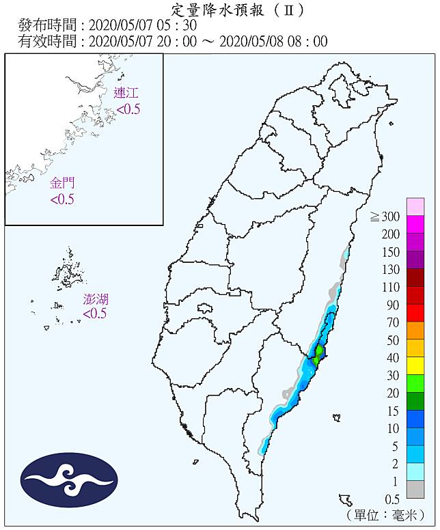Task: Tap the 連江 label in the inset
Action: (127, 94)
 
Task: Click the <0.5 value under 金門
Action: (62, 199)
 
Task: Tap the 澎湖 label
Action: (96, 299)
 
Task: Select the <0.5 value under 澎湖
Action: (96, 313)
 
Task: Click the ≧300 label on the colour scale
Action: (385, 217)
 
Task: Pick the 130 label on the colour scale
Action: (390, 268)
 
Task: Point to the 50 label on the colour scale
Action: (393, 339)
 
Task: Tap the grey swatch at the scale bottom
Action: (415, 489)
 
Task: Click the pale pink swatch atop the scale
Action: (415, 206)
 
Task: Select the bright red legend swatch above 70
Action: (415, 313)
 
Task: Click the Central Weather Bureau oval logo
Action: (70, 480)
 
